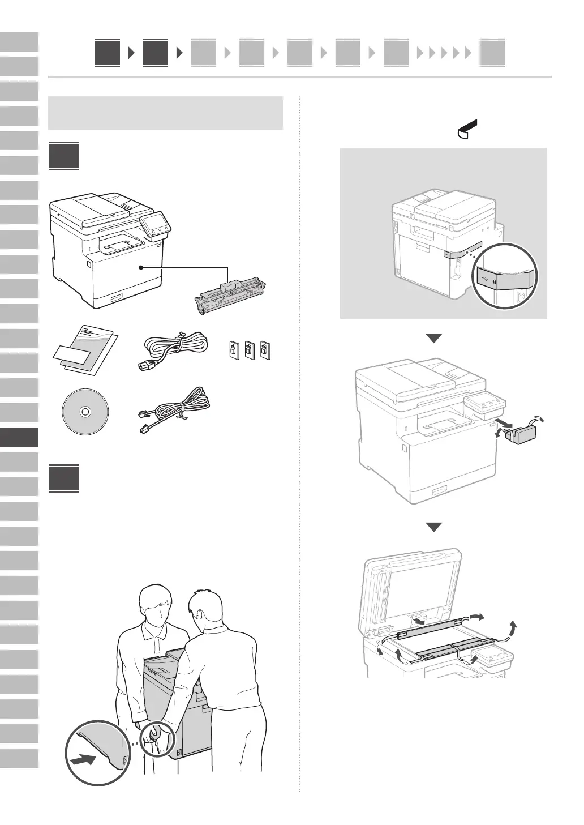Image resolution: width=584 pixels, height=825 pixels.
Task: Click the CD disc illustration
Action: tap(84, 412)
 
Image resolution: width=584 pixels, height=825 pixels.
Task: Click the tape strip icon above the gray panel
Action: tap(465, 129)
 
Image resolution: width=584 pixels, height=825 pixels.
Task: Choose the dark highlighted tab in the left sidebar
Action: tap(19, 437)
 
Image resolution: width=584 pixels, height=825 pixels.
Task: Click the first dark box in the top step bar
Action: tap(108, 53)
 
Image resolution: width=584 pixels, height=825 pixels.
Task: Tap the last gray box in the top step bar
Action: tap(492, 53)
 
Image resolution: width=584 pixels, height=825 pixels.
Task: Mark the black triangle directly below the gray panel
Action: tap(434, 338)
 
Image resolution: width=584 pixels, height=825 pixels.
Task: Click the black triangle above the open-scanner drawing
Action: tap(434, 527)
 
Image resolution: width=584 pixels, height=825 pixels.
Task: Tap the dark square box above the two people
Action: tap(63, 479)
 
